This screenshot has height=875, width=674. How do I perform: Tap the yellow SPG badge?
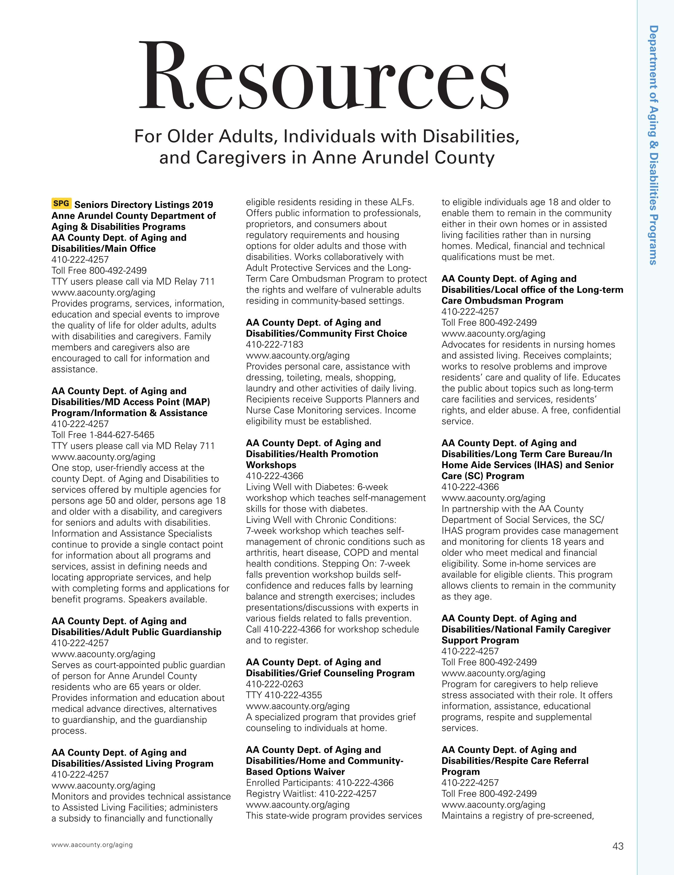(x=61, y=204)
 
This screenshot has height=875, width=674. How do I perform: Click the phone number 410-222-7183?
(x=274, y=344)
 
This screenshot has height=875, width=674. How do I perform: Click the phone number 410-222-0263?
(x=274, y=684)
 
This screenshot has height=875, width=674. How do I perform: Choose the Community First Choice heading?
(x=326, y=333)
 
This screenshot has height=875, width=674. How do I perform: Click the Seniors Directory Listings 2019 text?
(x=144, y=205)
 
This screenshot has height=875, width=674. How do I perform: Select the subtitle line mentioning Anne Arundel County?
(x=327, y=157)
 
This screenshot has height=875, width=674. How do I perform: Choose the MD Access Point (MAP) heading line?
(x=131, y=402)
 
